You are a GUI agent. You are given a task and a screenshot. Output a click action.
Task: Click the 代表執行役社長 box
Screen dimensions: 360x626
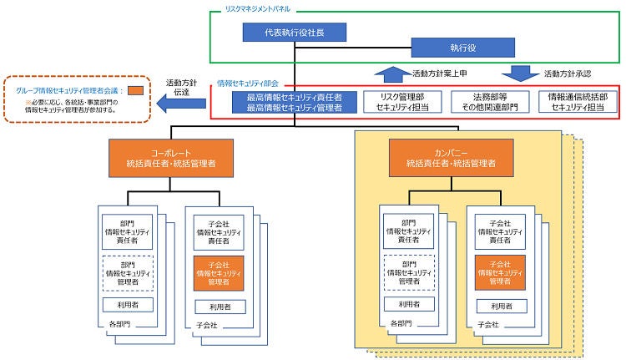pyautogui.click(x=295, y=33)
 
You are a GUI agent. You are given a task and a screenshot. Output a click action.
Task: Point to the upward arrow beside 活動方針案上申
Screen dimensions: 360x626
pyautogui.click(x=391, y=74)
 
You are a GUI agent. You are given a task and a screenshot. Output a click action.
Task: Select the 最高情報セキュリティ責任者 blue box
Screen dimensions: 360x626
pyautogui.click(x=294, y=102)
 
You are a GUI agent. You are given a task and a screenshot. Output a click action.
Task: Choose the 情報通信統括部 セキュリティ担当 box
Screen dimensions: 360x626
pyautogui.click(x=577, y=102)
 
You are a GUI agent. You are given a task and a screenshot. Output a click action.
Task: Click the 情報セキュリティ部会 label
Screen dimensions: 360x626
pyautogui.click(x=248, y=84)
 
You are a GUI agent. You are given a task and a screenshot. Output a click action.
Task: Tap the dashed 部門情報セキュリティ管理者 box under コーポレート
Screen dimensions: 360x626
pyautogui.click(x=128, y=272)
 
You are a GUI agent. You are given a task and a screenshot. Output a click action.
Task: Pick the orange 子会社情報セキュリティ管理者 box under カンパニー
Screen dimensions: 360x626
pyautogui.click(x=499, y=273)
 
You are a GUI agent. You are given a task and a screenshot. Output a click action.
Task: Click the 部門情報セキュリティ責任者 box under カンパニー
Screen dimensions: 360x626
pyautogui.click(x=408, y=229)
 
